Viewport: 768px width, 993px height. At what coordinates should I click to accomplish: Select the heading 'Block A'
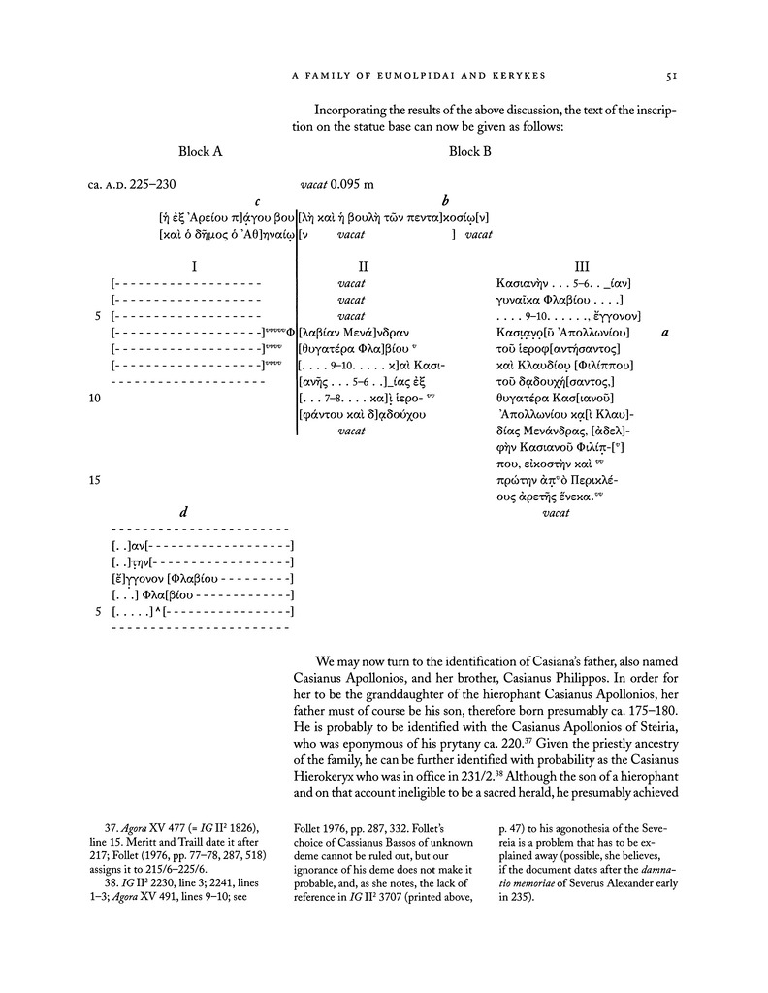click(x=201, y=152)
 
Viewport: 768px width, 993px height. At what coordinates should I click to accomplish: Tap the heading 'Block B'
click(x=471, y=152)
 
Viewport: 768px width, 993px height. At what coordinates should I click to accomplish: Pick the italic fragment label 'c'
click(x=257, y=202)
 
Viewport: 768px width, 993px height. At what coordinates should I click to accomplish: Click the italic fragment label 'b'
click(x=444, y=202)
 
